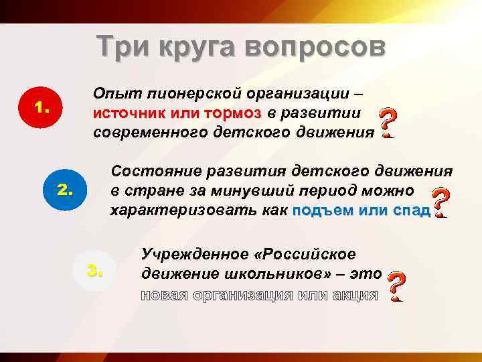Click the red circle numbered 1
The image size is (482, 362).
click(x=42, y=107)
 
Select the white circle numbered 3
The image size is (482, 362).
click(x=94, y=270)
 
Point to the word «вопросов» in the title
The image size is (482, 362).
click(x=316, y=46)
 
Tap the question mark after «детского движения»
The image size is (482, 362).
click(x=386, y=123)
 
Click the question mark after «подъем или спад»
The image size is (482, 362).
click(x=440, y=202)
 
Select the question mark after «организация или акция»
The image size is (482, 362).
click(x=396, y=286)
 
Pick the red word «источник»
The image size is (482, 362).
click(x=129, y=113)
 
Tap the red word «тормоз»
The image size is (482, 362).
click(x=226, y=113)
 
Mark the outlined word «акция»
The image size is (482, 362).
click(x=355, y=295)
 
